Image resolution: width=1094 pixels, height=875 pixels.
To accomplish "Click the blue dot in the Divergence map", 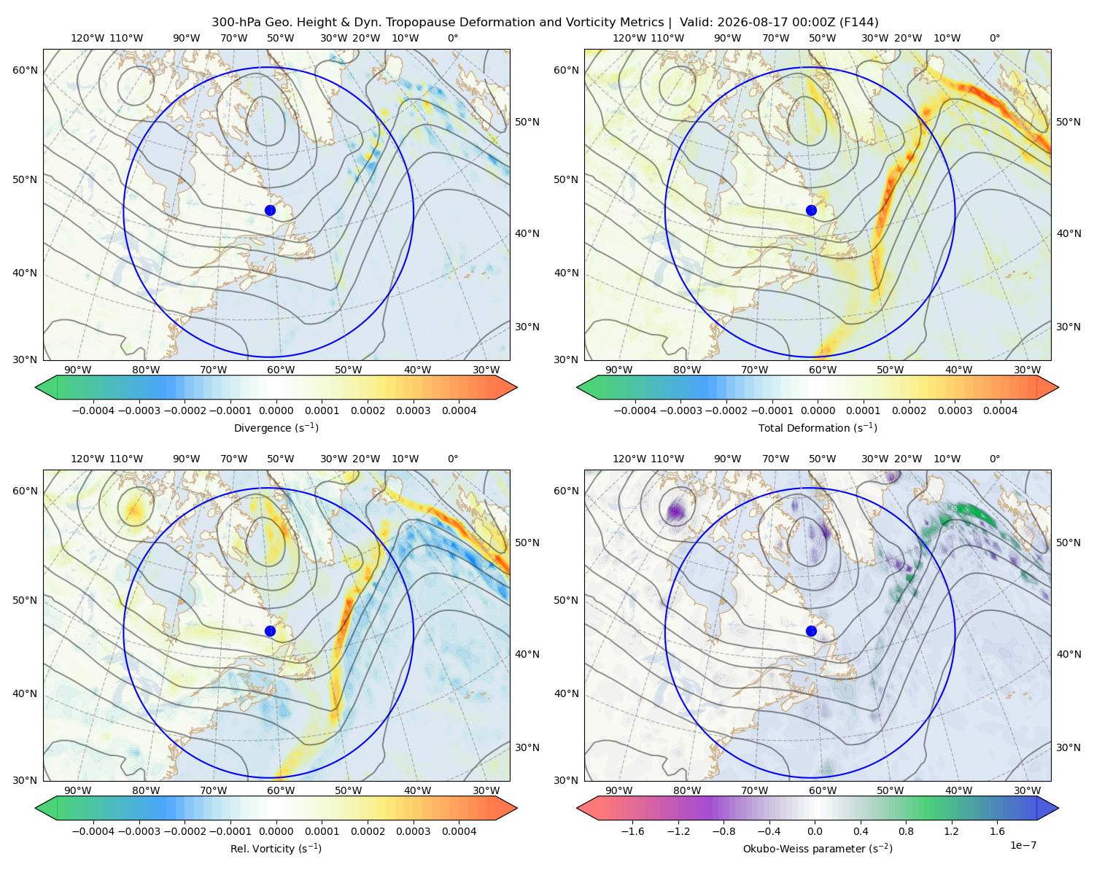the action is (270, 210).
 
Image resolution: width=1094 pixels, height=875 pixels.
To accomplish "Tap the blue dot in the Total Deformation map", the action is (811, 210).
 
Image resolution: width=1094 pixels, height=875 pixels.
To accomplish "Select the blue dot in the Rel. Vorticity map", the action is (270, 631).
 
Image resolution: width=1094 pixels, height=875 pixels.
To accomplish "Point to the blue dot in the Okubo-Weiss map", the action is (811, 631).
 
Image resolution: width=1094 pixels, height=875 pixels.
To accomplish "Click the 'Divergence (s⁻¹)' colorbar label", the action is (276, 427).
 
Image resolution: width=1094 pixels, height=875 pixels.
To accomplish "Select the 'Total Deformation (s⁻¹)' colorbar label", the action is (818, 427).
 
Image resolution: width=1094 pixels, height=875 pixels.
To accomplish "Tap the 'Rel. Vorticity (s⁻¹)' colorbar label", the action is (276, 848).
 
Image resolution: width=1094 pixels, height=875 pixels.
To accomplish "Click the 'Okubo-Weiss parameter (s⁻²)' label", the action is (818, 848).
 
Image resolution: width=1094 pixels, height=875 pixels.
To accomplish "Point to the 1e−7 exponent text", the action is (1023, 845).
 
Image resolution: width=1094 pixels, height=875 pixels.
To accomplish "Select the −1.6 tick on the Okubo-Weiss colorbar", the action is (633, 831).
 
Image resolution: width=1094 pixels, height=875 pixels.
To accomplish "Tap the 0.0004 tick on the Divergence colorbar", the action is (459, 411).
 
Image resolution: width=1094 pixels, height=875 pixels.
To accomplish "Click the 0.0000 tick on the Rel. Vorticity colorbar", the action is (276, 831).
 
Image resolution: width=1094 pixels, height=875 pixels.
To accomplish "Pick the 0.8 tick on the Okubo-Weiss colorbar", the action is (906, 831).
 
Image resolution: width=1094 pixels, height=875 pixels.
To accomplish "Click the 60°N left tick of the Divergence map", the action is (25, 70).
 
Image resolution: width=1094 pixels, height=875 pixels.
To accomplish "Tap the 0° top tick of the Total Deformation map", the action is (994, 38).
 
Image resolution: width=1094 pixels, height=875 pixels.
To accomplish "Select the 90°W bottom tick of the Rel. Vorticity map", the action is (78, 790).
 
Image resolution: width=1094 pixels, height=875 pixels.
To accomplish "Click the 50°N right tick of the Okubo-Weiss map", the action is (1068, 542).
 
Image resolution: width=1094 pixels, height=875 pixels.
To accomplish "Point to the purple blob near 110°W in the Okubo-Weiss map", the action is (676, 510).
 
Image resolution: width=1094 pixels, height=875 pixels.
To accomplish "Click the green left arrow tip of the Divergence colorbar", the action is (36, 387).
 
